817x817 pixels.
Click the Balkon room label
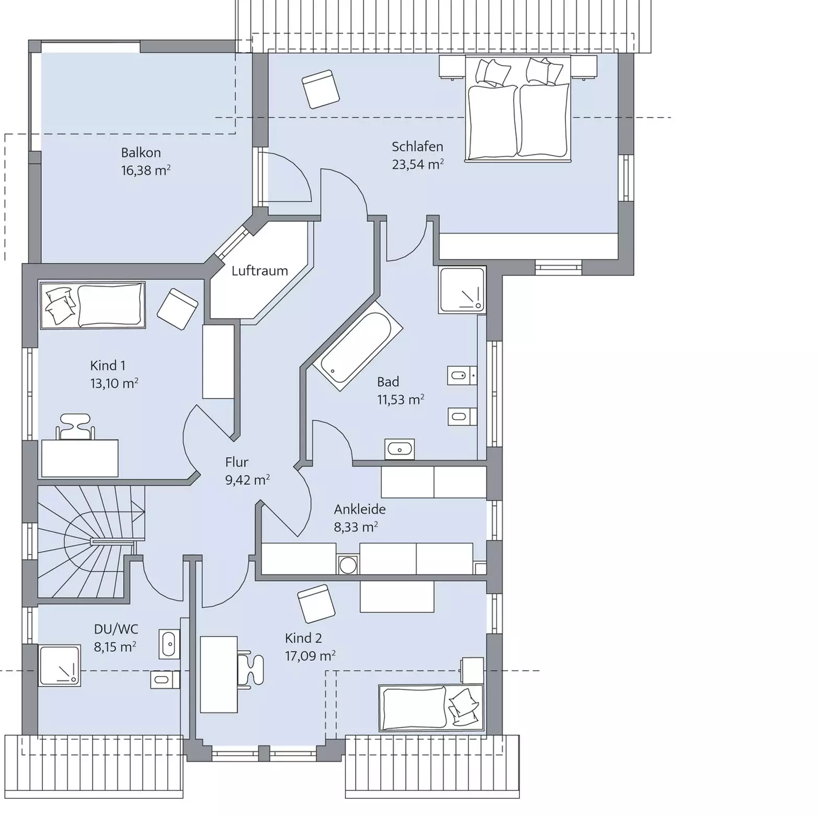(x=141, y=153)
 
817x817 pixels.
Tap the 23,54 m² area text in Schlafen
(x=418, y=164)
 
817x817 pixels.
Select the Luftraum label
(x=259, y=271)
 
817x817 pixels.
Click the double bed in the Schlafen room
(x=517, y=109)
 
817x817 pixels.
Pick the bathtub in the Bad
(x=356, y=347)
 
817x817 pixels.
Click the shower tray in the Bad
(x=462, y=290)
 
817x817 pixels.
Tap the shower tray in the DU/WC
(x=59, y=666)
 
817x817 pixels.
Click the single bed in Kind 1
(x=92, y=305)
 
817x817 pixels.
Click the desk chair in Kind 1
(x=76, y=427)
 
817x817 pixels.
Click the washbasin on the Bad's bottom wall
(x=400, y=449)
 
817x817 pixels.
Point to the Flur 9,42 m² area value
(x=247, y=480)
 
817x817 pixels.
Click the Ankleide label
(x=360, y=509)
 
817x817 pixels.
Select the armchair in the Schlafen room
(x=321, y=89)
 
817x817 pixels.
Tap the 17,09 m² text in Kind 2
(x=310, y=656)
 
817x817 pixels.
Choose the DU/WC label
(x=116, y=629)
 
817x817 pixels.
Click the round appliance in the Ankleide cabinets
(x=348, y=565)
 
